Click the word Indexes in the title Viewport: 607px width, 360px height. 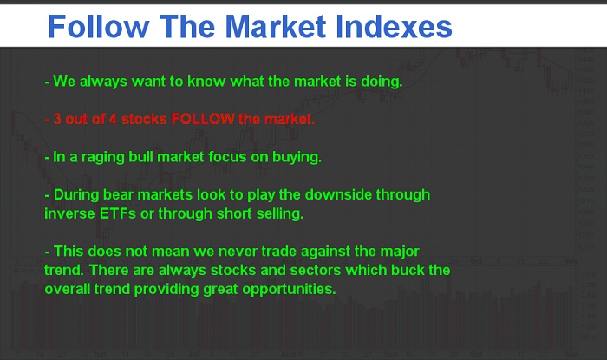(394, 26)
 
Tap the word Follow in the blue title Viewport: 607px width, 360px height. (99, 26)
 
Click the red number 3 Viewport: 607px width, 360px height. (57, 119)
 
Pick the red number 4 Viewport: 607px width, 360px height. (113, 119)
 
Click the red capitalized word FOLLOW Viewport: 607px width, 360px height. (203, 119)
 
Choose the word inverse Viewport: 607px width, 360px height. (69, 213)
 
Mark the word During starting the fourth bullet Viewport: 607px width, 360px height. (76, 194)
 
